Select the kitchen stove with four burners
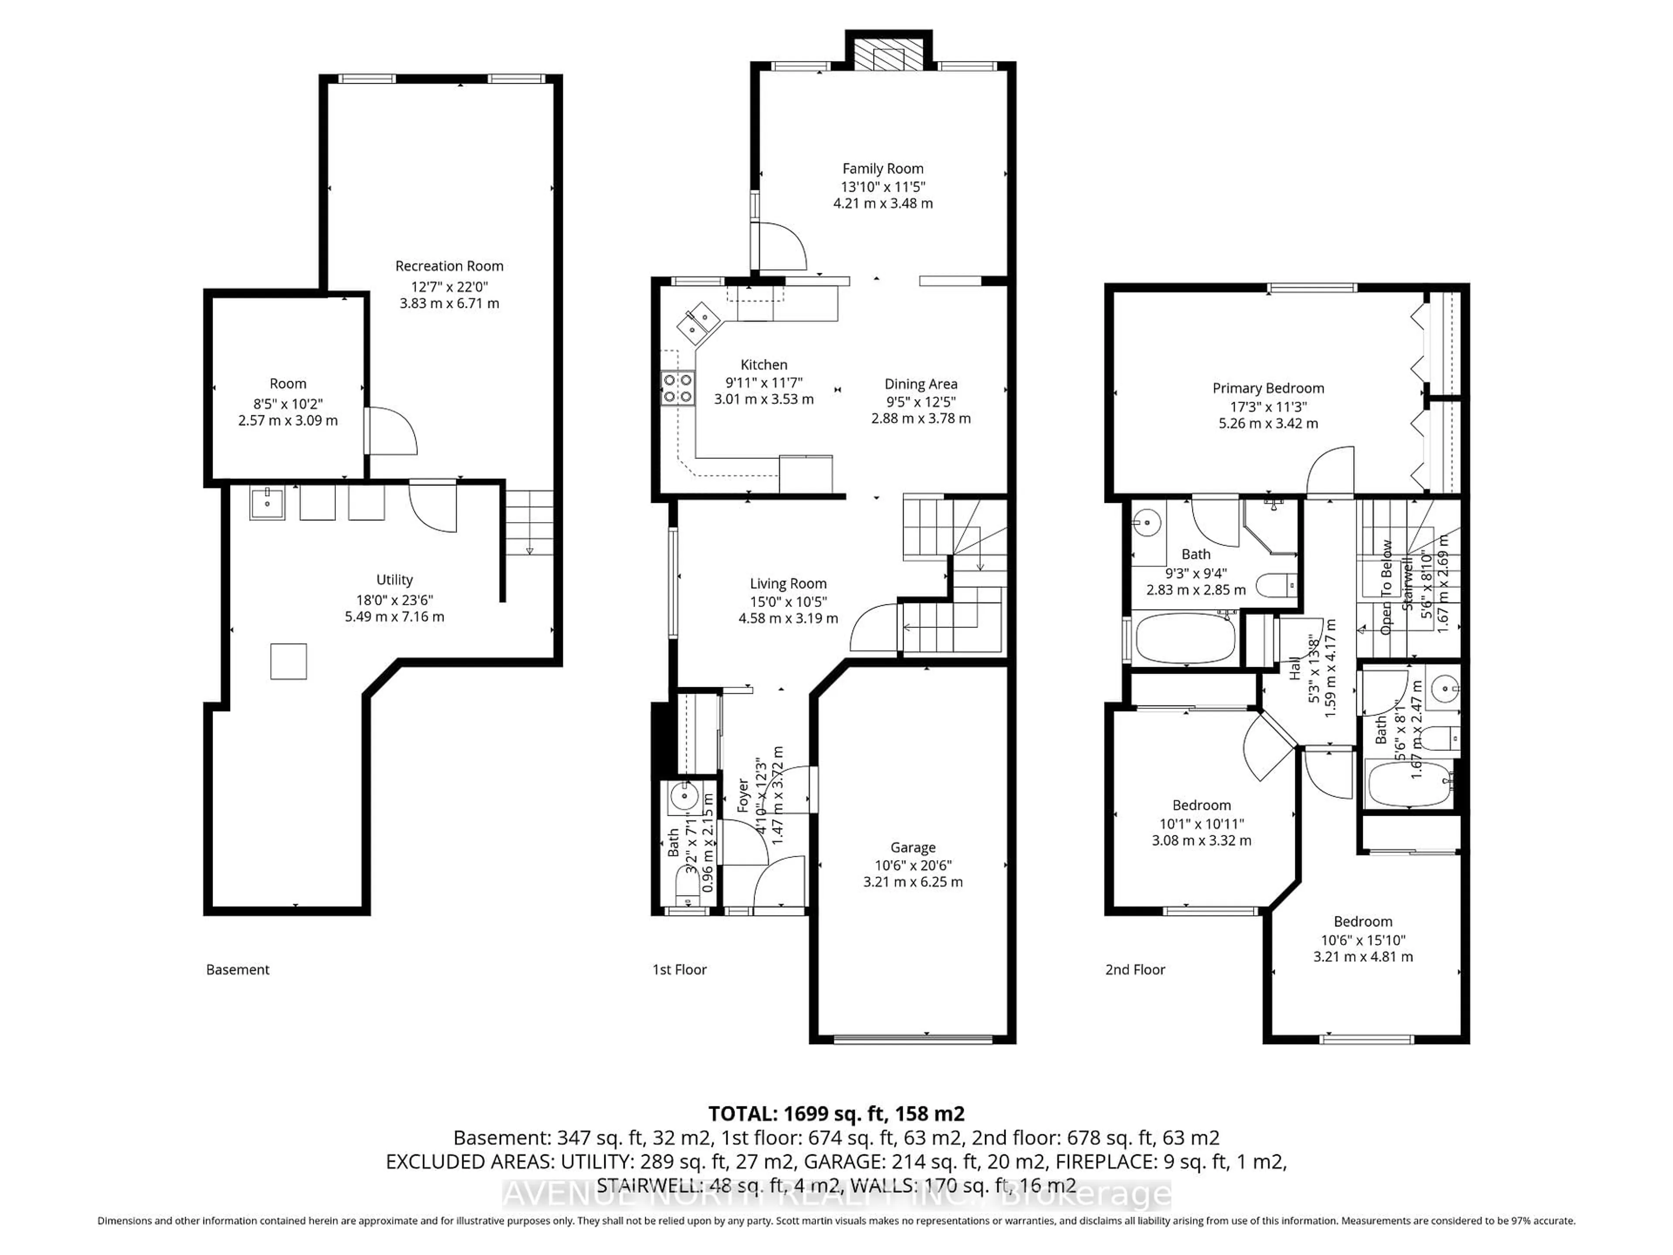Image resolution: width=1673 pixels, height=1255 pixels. click(677, 388)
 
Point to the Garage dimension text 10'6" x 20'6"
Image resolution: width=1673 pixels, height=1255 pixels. click(913, 865)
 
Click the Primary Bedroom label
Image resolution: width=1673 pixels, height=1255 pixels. click(1268, 388)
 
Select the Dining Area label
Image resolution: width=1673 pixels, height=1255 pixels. click(921, 384)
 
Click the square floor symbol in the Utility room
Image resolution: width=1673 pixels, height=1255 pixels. click(288, 661)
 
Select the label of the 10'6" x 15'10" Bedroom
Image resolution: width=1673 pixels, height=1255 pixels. click(1362, 921)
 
